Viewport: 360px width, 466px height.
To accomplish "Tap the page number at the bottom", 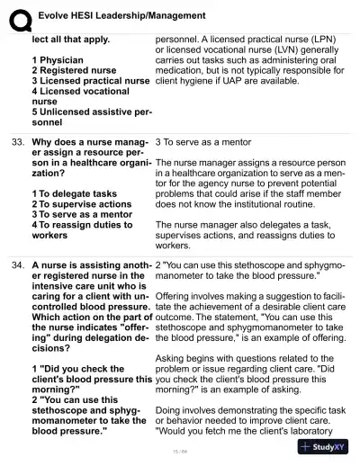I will click(x=180, y=453).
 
